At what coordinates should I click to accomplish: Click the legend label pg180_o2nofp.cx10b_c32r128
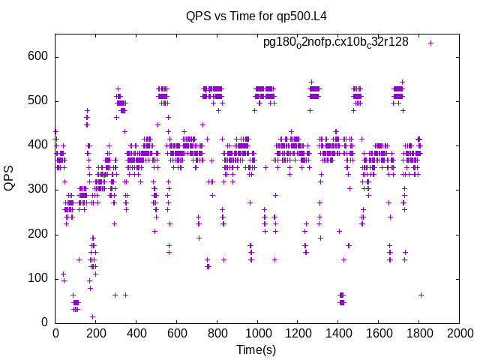[x=335, y=43]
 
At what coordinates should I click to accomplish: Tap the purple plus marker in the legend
[x=430, y=43]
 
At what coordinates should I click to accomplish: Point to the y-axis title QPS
[x=10, y=178]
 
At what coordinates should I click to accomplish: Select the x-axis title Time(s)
[x=257, y=349]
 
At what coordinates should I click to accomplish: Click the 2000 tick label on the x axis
[x=460, y=332]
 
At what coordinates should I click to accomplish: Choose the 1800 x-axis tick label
[x=419, y=332]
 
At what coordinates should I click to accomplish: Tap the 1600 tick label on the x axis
[x=379, y=332]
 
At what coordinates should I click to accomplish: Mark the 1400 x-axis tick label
[x=338, y=332]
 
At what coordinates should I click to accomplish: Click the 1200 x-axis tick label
[x=298, y=332]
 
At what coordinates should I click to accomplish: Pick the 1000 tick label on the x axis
[x=257, y=332]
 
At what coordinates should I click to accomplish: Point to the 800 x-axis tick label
[x=217, y=332]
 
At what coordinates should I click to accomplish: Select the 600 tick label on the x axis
[x=176, y=332]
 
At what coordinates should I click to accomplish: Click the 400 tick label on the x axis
[x=136, y=332]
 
